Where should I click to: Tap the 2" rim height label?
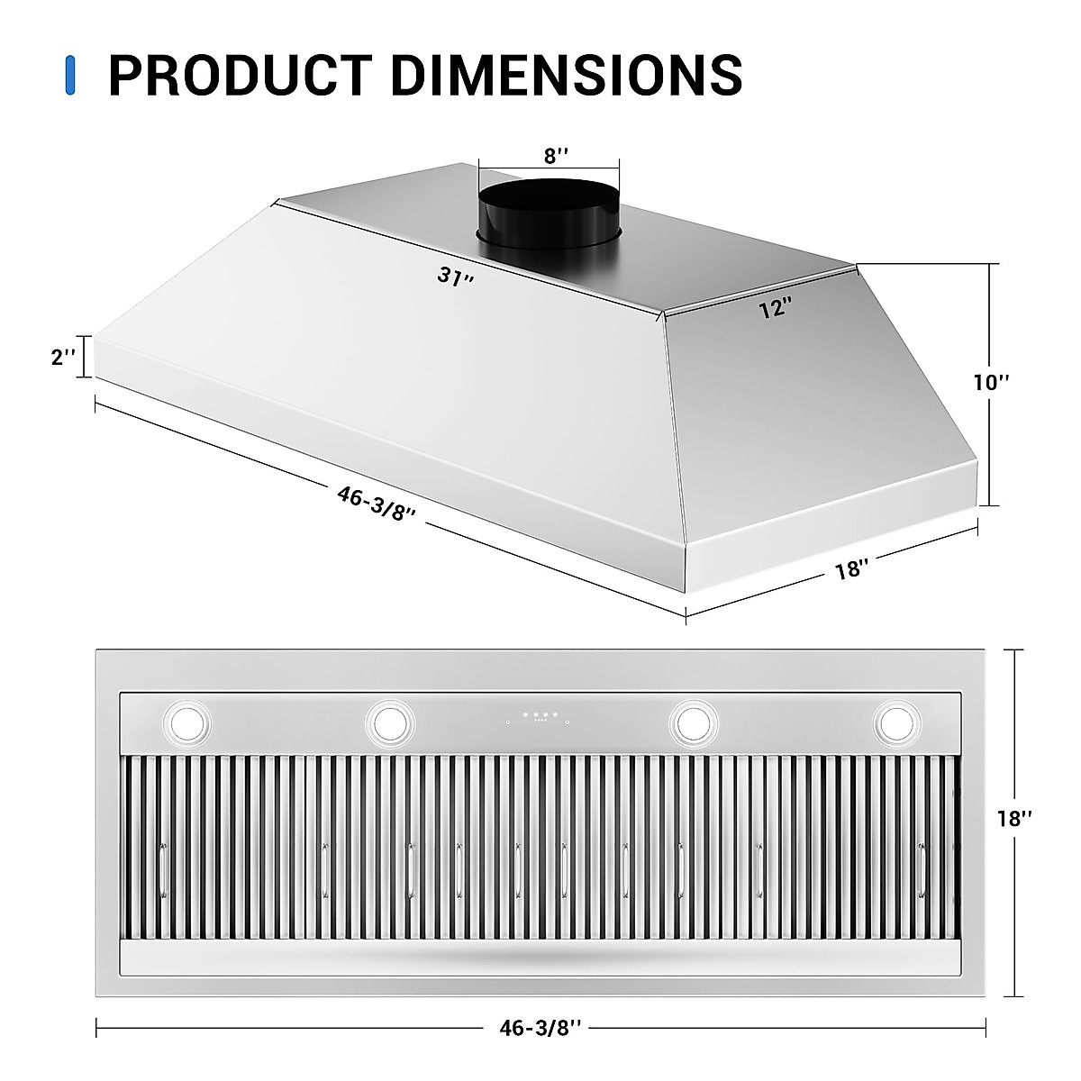(63, 357)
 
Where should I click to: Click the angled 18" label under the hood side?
(851, 569)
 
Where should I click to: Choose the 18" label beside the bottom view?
(1014, 819)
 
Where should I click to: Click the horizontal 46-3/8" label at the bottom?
(541, 1028)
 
